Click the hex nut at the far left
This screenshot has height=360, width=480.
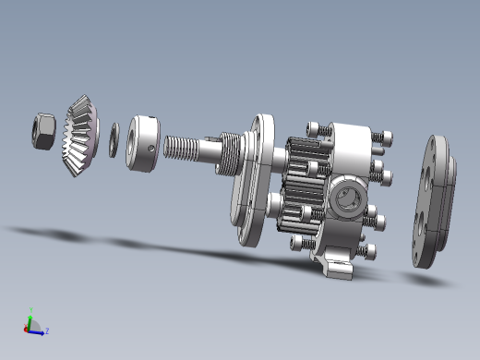pos(42,129)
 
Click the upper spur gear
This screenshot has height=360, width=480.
pos(305,159)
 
